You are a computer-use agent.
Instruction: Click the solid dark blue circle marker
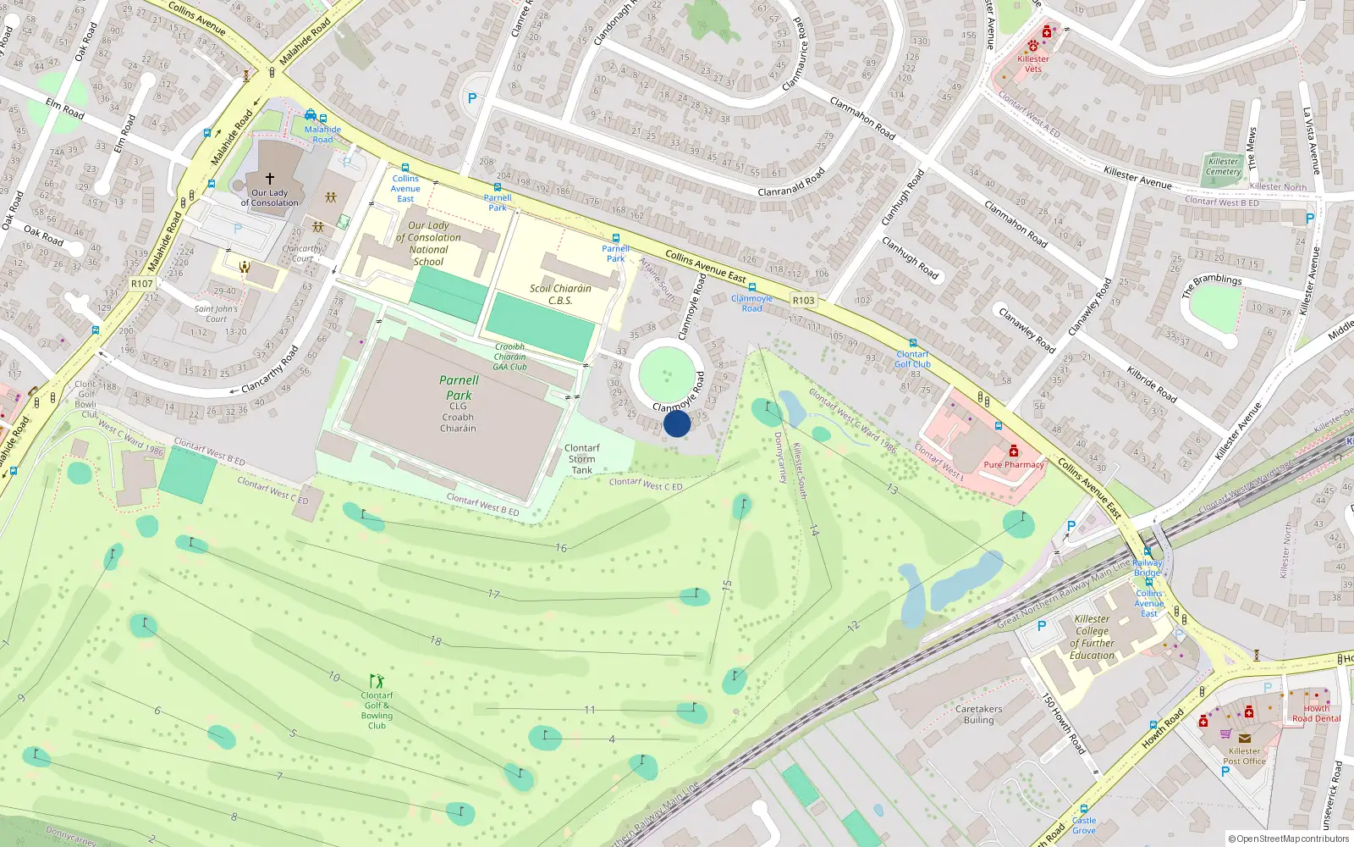(x=677, y=423)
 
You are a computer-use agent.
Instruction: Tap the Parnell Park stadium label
(x=459, y=388)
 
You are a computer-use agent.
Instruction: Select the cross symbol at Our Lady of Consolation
(x=270, y=179)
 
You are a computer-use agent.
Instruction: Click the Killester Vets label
(x=1033, y=64)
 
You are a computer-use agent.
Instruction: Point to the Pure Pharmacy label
(x=1013, y=464)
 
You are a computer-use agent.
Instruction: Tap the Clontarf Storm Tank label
(x=581, y=459)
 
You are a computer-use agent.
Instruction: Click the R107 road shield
(x=142, y=284)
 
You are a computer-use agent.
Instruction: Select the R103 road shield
(x=803, y=300)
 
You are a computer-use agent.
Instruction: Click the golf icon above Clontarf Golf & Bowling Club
(x=377, y=681)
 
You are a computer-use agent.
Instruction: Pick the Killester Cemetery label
(x=1223, y=166)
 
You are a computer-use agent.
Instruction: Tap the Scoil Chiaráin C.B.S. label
(x=560, y=294)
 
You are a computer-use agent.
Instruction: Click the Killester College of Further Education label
(x=1092, y=637)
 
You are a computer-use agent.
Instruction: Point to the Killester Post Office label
(x=1244, y=756)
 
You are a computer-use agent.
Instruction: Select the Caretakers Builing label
(x=978, y=714)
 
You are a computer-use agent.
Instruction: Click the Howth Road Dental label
(x=1316, y=713)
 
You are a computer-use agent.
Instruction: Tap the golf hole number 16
(x=561, y=548)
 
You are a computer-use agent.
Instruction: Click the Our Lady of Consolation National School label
(x=428, y=243)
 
